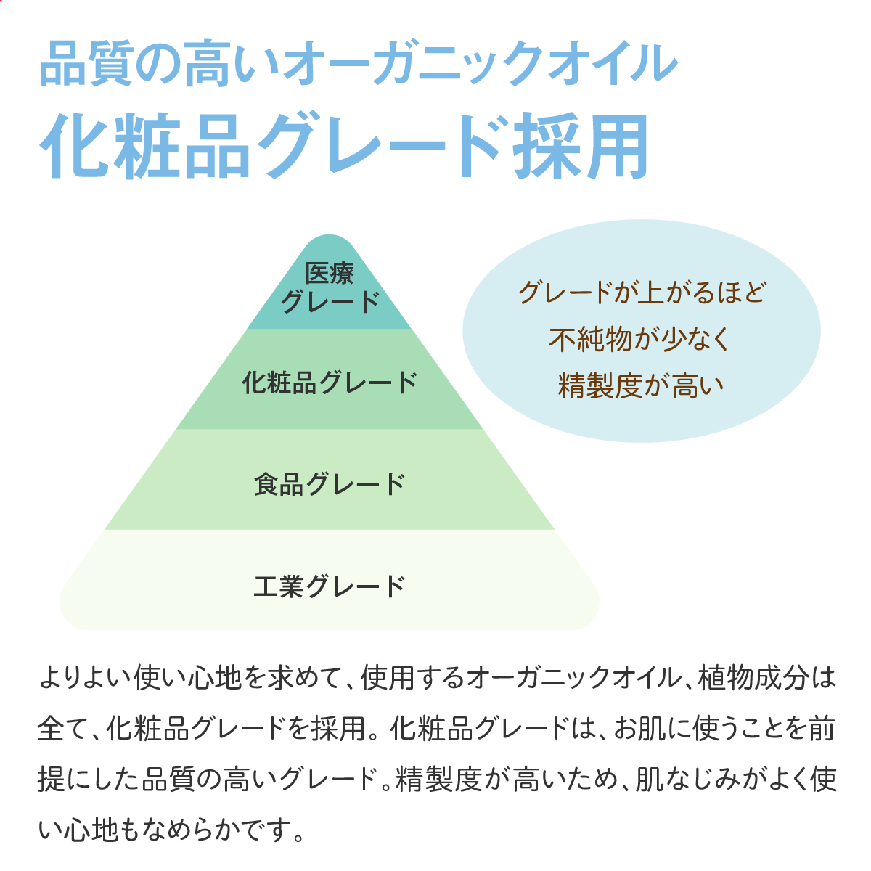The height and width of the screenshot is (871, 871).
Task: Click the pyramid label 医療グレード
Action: point(330,287)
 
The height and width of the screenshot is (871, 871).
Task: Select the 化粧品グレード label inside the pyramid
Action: point(330,383)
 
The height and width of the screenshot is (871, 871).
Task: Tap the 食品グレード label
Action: point(330,484)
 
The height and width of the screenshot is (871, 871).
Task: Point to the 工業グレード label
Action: point(330,586)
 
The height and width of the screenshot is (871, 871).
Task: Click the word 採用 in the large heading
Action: point(581,146)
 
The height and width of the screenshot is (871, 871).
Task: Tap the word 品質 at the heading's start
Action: point(86,63)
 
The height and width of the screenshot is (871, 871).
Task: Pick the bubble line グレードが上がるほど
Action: point(642,293)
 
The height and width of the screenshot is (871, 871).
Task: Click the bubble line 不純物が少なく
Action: point(639,339)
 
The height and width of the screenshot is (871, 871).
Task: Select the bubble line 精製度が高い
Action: point(641,385)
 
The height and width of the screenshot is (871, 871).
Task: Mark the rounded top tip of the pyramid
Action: point(329,236)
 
